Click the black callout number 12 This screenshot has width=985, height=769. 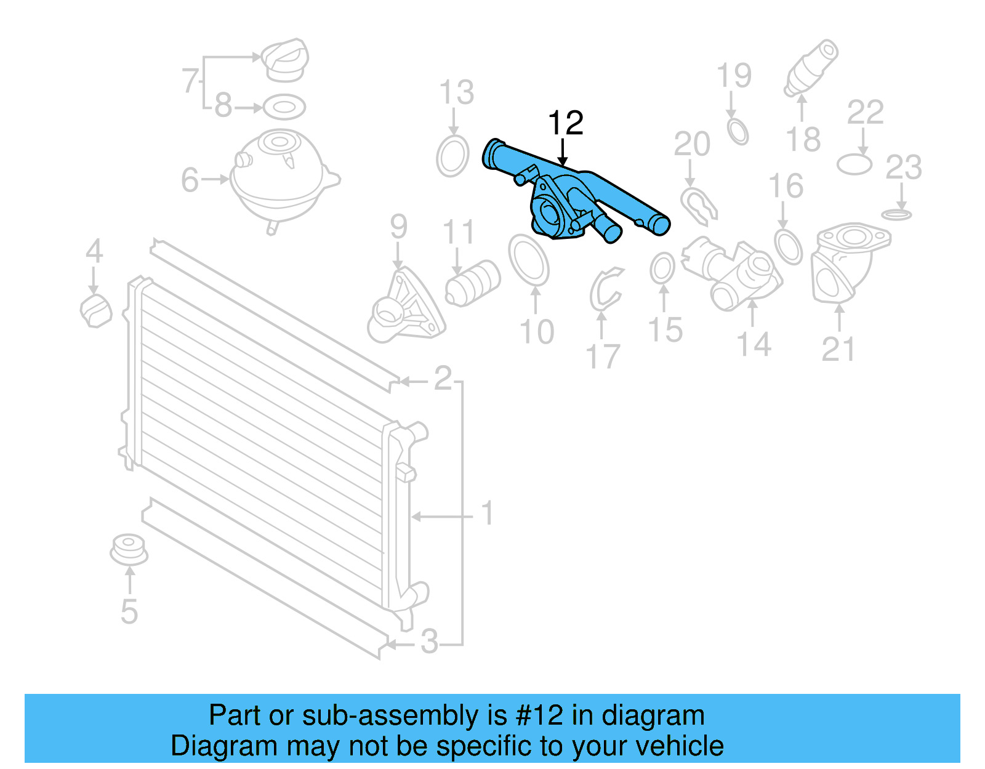[x=565, y=123]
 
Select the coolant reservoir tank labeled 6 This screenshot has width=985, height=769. [x=280, y=179]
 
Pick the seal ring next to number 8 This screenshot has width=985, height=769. [x=284, y=107]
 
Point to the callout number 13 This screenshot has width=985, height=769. [x=456, y=93]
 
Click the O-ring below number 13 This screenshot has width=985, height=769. [x=452, y=156]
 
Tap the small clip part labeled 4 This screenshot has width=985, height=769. [x=96, y=310]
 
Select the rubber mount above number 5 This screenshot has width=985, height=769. [x=129, y=550]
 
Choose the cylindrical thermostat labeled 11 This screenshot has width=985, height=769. [x=473, y=283]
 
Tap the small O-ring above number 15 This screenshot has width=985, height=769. [x=662, y=268]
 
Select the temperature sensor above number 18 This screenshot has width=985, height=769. [x=810, y=68]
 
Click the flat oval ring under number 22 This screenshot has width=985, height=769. [x=854, y=164]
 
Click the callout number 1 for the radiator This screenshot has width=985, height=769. [x=487, y=513]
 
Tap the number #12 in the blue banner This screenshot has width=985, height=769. [x=539, y=715]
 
